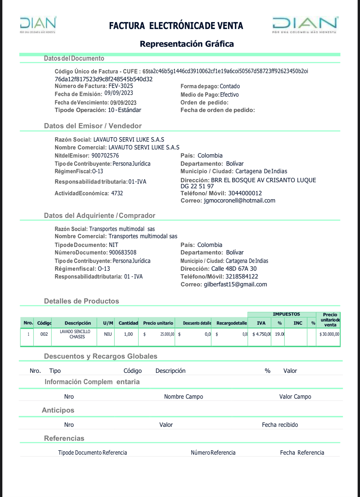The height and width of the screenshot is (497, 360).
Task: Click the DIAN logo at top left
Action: (x=38, y=25)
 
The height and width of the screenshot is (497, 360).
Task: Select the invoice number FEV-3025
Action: (x=121, y=86)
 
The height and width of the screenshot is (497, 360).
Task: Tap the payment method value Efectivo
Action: (x=229, y=95)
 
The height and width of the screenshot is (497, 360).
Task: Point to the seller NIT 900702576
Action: (x=105, y=156)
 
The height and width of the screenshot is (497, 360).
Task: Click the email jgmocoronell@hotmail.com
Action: (x=239, y=200)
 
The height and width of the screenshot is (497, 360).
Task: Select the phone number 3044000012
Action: (x=245, y=193)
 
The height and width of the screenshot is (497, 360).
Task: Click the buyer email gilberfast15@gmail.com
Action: (x=235, y=284)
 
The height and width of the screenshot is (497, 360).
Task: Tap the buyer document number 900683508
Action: (x=123, y=252)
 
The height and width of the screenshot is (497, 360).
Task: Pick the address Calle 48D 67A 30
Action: (x=234, y=269)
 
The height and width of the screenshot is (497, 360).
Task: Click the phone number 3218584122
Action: (x=242, y=276)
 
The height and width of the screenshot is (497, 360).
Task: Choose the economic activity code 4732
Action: (x=117, y=193)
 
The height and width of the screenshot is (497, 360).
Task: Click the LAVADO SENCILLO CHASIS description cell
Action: (x=75, y=334)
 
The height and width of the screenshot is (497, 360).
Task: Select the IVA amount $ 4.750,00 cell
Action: (x=261, y=334)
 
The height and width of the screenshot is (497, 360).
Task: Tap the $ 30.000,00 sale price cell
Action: (x=329, y=334)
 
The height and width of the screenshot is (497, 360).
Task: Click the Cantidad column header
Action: (x=128, y=323)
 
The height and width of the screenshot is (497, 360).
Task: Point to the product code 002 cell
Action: (x=44, y=334)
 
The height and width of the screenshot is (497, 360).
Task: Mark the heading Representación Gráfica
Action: (x=187, y=44)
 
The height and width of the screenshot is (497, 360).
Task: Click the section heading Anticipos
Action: (x=58, y=410)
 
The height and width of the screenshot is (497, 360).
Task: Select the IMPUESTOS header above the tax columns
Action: (x=286, y=314)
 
